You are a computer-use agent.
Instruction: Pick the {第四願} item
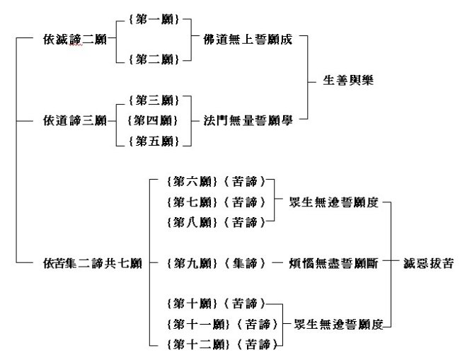click(x=151, y=120)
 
